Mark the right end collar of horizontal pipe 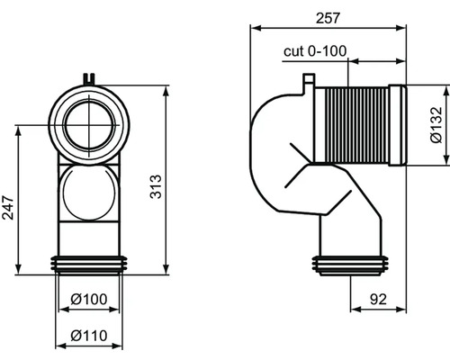(x=400, y=125)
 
